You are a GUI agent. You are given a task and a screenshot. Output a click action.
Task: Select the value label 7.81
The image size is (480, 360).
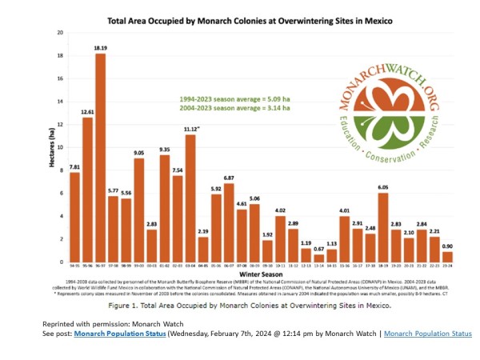pyautogui.click(x=74, y=167)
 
